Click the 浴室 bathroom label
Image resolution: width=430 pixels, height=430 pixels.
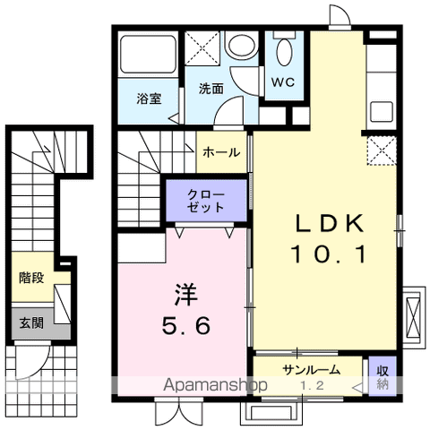[x=149, y=99]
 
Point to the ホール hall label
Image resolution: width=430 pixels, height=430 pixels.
[x=221, y=152]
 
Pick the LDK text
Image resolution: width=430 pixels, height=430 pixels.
[x=327, y=223]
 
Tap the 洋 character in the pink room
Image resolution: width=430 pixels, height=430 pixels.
[x=186, y=293]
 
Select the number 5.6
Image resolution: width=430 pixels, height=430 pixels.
[x=186, y=327]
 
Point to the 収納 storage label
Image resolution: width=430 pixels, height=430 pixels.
[x=381, y=376]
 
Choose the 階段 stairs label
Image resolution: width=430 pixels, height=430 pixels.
[x=31, y=278]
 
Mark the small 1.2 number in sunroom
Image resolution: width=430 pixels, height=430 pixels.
[x=311, y=385]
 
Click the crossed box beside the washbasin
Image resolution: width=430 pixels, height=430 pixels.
[x=202, y=47]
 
